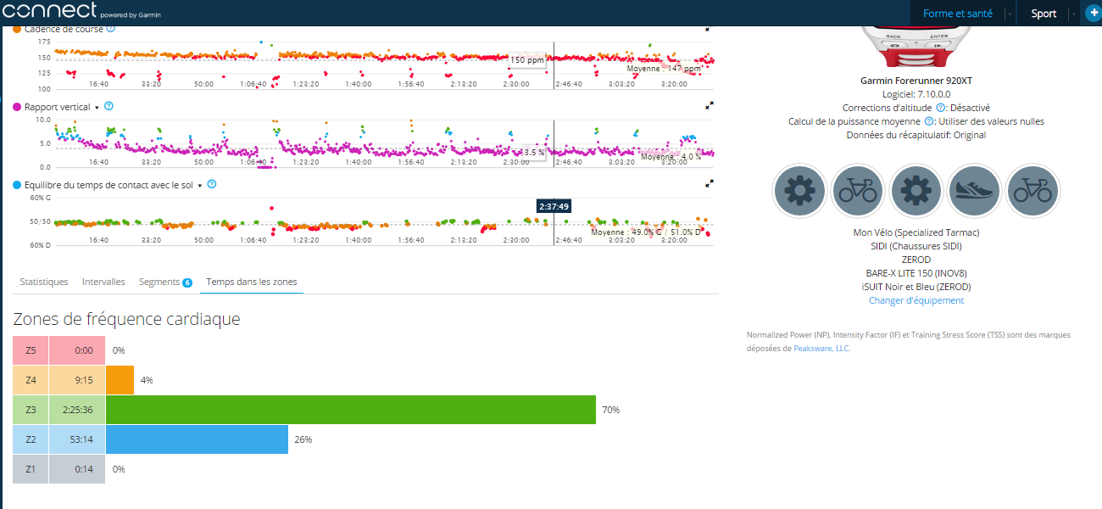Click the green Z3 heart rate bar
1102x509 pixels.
coord(351,410)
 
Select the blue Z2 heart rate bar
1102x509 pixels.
coord(197,439)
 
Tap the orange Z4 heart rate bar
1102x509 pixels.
coord(120,380)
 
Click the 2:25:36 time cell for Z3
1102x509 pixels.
coord(77,410)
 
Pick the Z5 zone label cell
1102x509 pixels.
coord(31,350)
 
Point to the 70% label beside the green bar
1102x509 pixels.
coord(610,410)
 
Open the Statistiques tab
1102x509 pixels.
coord(43,282)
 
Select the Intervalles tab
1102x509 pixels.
coord(103,282)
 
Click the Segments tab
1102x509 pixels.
coord(159,282)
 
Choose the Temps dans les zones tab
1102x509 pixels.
coord(252,282)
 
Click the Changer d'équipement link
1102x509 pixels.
coord(916,300)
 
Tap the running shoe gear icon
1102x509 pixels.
coord(974,191)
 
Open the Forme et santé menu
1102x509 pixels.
coord(957,14)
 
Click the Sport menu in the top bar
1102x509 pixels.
coord(1044,14)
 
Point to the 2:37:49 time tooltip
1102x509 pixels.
coord(554,206)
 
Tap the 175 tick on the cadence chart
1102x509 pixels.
coord(44,42)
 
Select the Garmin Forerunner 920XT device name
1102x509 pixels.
coord(916,81)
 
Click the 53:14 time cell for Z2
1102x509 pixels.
coord(77,439)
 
